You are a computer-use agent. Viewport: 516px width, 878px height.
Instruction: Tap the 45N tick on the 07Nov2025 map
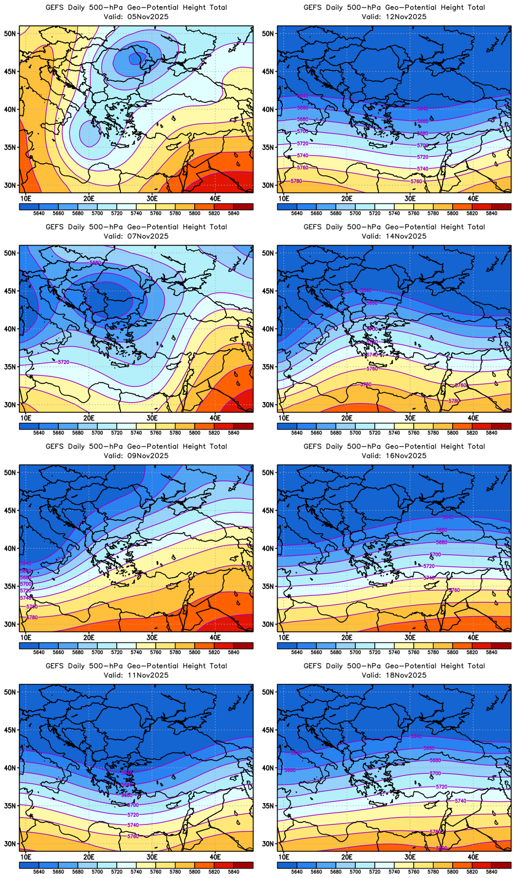[x=10, y=291]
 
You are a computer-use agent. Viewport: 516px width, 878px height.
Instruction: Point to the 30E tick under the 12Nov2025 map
[x=410, y=199]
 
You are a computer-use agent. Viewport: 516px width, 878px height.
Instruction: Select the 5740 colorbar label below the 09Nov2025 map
[x=136, y=652]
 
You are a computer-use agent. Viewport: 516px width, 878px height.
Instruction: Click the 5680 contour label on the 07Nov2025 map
[x=95, y=262]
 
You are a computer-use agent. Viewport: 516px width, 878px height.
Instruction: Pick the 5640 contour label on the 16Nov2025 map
[x=447, y=517]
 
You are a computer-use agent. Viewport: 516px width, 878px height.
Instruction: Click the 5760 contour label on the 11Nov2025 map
[x=133, y=836]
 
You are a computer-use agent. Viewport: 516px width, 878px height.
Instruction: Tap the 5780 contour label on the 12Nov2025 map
[x=296, y=181]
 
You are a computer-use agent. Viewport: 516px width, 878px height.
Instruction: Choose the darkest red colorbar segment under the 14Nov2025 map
[x=501, y=426]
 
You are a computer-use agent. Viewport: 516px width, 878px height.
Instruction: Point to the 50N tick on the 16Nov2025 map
[x=268, y=472]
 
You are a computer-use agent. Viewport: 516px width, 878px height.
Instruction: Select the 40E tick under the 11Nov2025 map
[x=215, y=857]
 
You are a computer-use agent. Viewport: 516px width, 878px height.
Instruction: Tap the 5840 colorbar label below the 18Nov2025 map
[x=491, y=872]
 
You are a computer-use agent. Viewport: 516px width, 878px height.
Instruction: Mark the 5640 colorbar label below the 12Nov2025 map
[x=297, y=213]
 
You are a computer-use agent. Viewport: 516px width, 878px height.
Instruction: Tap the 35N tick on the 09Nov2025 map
[x=10, y=586]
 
